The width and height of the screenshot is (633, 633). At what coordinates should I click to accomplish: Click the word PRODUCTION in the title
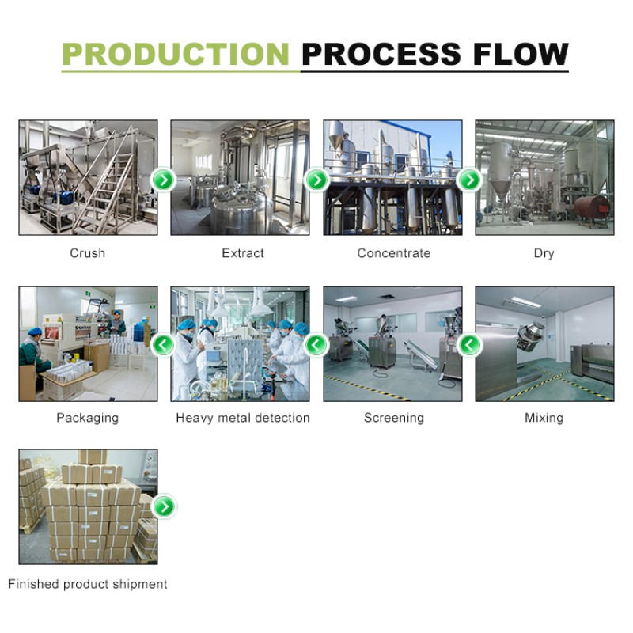click(x=176, y=54)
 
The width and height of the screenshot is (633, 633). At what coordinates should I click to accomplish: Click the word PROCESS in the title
click(x=381, y=54)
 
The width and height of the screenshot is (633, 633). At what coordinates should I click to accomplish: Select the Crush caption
click(x=87, y=253)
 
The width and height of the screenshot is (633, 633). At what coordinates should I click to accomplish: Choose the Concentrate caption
click(x=394, y=253)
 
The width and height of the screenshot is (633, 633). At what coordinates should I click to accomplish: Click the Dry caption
click(x=544, y=253)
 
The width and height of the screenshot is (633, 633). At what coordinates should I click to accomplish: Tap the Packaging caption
click(x=87, y=417)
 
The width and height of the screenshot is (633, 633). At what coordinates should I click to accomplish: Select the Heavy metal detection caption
click(x=243, y=417)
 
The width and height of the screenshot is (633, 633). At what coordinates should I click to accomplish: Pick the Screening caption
click(x=394, y=417)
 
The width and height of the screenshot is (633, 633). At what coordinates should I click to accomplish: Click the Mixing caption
click(x=544, y=417)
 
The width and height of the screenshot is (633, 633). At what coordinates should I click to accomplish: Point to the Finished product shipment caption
click(x=88, y=584)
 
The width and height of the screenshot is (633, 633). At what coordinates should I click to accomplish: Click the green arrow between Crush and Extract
click(x=164, y=180)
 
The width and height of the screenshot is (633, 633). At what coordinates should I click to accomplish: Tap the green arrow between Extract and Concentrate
click(x=316, y=180)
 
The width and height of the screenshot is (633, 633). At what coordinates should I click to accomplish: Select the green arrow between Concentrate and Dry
click(x=469, y=180)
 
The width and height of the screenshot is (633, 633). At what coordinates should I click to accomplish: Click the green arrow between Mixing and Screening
click(x=469, y=344)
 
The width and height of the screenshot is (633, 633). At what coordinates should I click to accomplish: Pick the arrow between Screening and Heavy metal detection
click(x=316, y=344)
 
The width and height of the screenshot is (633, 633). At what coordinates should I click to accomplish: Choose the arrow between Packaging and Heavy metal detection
click(x=164, y=344)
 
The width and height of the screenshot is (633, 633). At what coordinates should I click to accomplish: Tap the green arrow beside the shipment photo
click(x=164, y=506)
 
